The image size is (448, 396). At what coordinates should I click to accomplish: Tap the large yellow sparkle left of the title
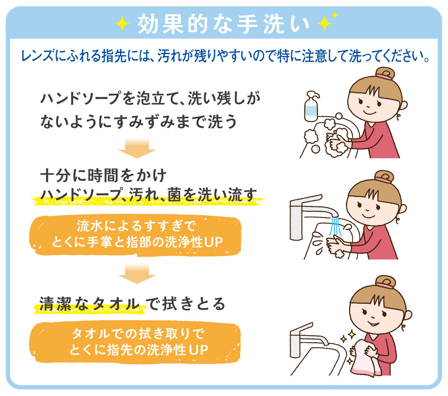coord(122,24)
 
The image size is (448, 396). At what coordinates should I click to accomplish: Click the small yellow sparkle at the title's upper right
coord(335,15)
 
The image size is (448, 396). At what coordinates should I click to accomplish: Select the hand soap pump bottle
coord(311,106)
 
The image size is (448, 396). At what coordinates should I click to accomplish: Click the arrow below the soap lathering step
coord(137,148)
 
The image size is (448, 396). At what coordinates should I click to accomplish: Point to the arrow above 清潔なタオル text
coord(137,274)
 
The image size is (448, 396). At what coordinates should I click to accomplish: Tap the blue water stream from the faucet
coord(335,226)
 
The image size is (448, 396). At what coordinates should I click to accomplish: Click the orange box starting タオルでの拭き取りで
coord(135,342)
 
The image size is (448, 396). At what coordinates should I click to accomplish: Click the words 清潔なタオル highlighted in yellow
coord(90,304)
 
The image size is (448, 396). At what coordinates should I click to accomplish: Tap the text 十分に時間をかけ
coord(103,176)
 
